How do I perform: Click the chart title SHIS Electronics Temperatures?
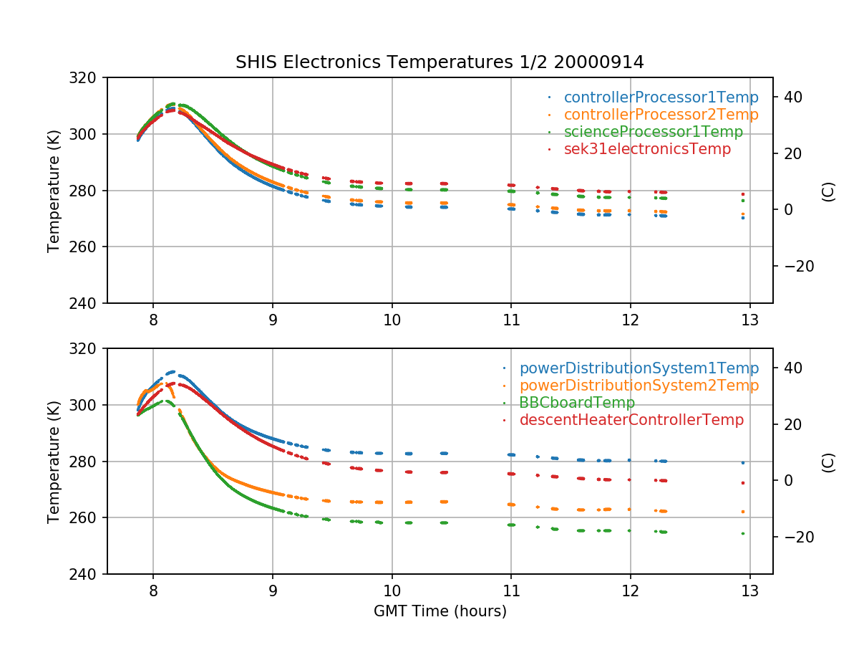click(x=440, y=62)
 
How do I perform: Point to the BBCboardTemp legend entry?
click(x=577, y=403)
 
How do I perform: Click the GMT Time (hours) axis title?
click(x=440, y=611)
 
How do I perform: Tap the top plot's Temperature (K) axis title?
click(x=54, y=190)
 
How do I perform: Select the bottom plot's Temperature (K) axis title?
click(x=54, y=461)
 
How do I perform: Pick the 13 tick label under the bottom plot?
click(x=749, y=590)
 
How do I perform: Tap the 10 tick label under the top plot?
click(x=392, y=319)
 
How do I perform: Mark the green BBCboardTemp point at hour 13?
click(x=743, y=533)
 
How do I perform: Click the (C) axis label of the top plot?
click(x=829, y=190)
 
